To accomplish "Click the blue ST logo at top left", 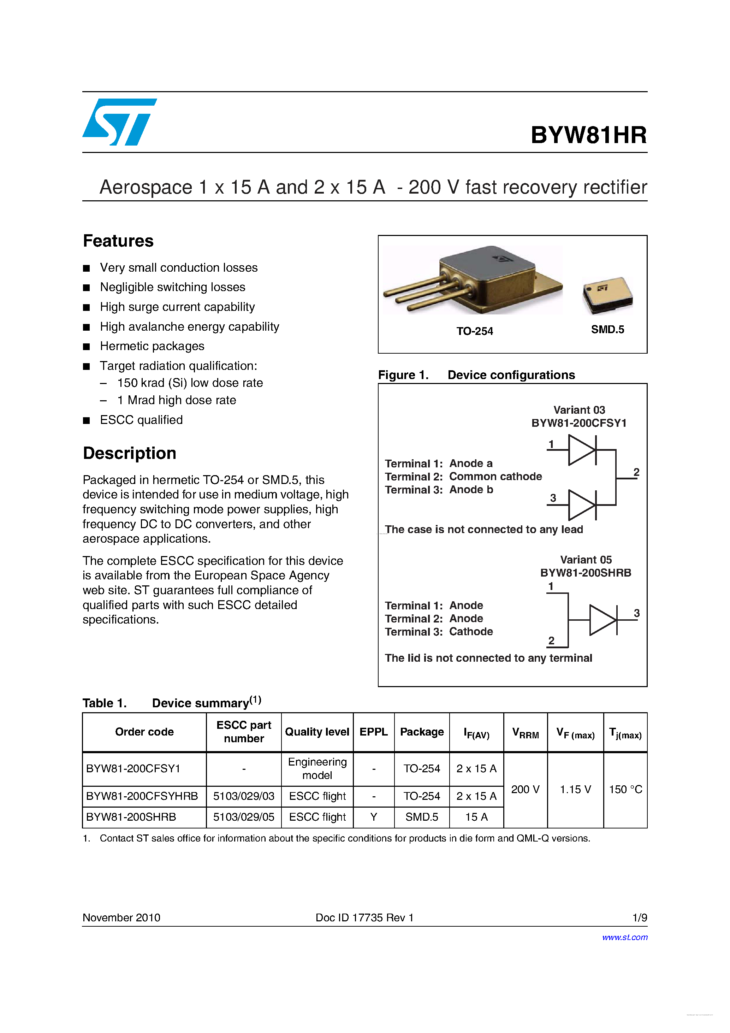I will (119, 122).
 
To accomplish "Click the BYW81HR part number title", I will (588, 135).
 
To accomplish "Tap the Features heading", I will (118, 241).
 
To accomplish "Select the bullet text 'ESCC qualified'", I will (141, 420).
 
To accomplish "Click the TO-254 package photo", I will (472, 280).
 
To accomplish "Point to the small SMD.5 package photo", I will (607, 295).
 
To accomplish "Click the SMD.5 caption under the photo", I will (607, 330).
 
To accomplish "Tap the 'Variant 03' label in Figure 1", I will (579, 410).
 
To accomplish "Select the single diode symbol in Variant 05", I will (603, 620).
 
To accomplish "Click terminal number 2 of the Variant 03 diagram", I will (636, 472).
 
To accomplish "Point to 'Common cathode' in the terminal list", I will (495, 477).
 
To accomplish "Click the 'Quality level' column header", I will (317, 732).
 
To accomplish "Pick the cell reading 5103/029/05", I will (243, 817).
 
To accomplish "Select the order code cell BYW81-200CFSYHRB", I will (142, 796).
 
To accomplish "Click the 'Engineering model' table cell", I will (317, 768).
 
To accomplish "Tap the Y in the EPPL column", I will (373, 817).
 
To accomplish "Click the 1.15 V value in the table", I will (575, 790).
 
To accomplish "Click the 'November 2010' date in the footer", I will (121, 918).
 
